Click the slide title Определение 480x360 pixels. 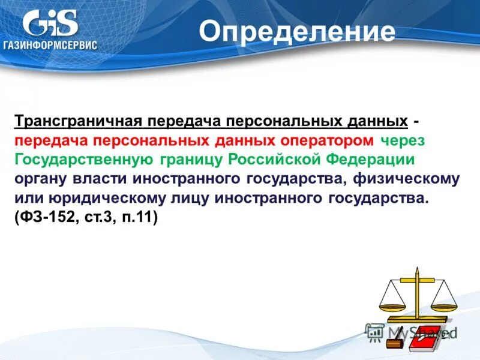297,32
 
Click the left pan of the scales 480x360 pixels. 392,302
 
